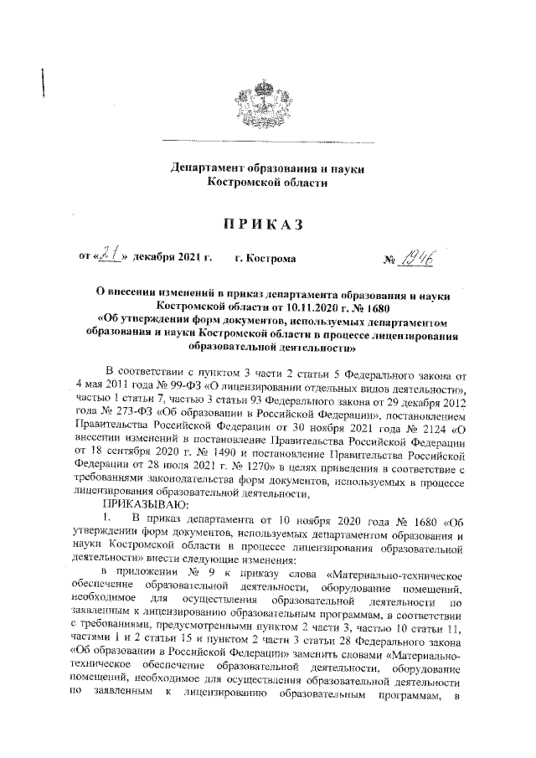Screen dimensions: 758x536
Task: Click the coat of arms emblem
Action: click(x=267, y=100)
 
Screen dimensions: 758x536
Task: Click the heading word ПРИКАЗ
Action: click(x=267, y=224)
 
